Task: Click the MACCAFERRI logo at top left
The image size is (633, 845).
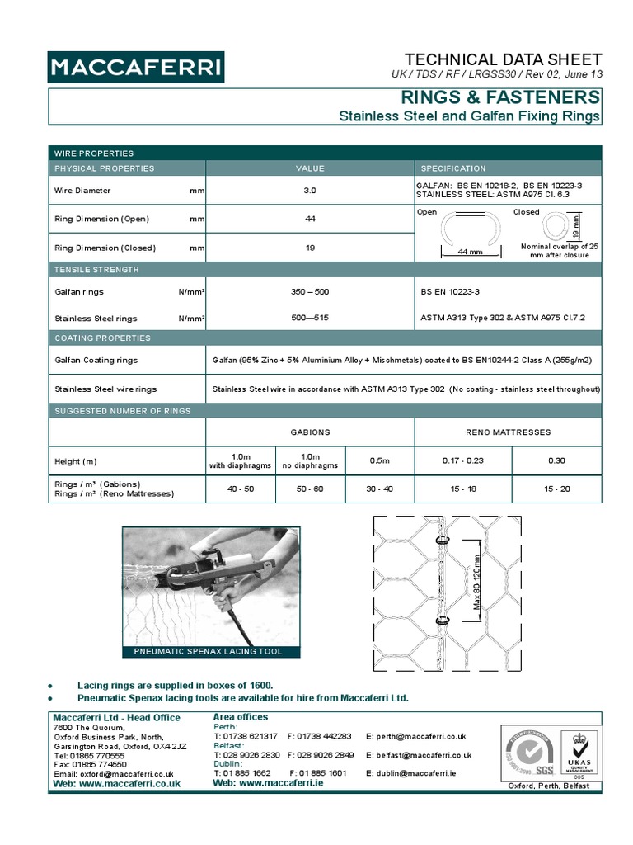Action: tap(135, 68)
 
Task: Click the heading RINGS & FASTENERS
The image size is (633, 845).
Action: tap(500, 98)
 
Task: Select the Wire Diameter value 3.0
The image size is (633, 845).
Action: tap(309, 191)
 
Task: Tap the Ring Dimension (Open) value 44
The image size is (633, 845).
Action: tap(309, 220)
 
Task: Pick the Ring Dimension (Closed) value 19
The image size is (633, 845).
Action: tap(309, 248)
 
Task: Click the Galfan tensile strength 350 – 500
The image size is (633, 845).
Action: tap(309, 291)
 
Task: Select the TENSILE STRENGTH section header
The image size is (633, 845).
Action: tap(96, 270)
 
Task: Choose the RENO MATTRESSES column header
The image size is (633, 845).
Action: tap(508, 432)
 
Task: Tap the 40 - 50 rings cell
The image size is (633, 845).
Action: tap(240, 489)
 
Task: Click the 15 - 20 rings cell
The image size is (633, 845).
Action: tap(556, 489)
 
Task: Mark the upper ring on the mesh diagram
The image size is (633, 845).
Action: tap(443, 541)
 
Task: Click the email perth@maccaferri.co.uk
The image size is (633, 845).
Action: tap(416, 736)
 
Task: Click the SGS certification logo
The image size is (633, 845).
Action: tap(528, 755)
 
